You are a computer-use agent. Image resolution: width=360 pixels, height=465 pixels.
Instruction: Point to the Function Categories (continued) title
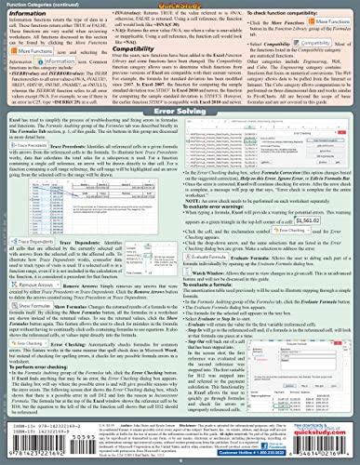click(x=47, y=5)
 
